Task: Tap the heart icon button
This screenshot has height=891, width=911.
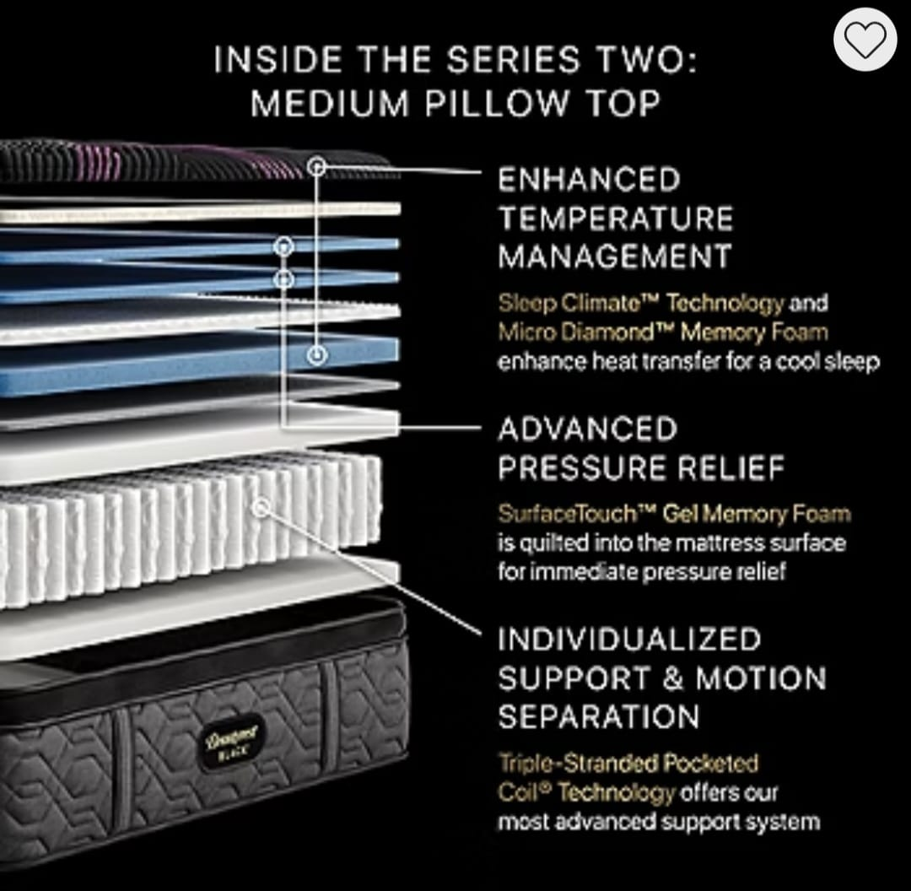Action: pos(865,40)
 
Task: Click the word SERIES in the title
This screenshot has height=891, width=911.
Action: pos(513,60)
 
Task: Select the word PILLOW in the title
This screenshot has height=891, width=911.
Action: pos(496,104)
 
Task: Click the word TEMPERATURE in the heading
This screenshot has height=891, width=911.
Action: pos(616,219)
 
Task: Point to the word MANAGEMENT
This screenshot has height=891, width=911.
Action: pos(615,256)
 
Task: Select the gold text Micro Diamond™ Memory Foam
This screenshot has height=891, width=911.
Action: pos(663,332)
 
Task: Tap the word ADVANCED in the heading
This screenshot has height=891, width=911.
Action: pos(588,429)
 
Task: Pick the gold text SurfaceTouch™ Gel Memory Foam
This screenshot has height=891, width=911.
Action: pos(675,513)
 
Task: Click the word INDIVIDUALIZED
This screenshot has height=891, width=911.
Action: pos(630,640)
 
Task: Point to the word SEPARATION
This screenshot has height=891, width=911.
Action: pos(599,716)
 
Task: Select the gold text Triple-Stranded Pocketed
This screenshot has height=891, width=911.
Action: pos(628,763)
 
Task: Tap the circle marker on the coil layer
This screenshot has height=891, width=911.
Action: pos(261,507)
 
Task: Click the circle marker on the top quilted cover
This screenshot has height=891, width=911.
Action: pos(316,167)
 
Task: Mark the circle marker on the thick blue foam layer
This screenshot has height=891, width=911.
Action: pos(316,354)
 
